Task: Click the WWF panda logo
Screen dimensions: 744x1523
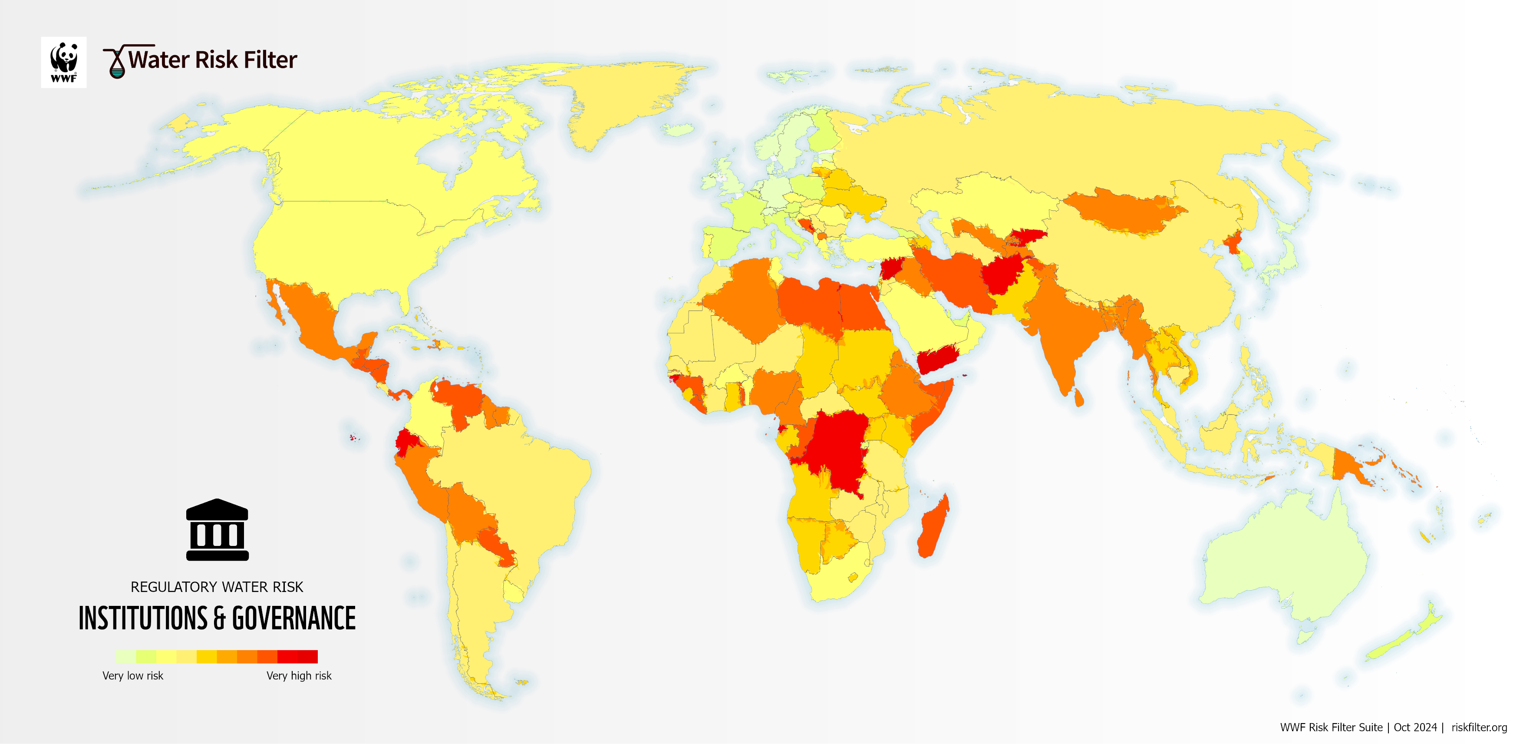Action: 63,62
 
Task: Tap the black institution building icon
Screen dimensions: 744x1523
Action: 217,530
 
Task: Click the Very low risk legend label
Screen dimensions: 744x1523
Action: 132,675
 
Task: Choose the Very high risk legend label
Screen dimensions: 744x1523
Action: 299,675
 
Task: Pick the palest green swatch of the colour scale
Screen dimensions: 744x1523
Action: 125,656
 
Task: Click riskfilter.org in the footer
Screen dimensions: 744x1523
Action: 1479,727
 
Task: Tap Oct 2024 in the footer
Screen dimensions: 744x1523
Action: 1415,727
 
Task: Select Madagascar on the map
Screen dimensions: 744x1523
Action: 933,528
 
